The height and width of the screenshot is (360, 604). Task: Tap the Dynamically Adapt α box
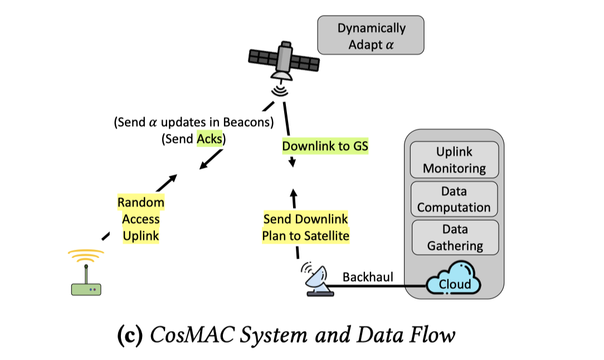point(371,36)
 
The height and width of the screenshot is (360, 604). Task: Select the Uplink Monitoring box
point(454,160)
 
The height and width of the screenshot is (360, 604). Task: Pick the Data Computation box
point(454,200)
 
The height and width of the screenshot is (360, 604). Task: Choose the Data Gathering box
point(454,237)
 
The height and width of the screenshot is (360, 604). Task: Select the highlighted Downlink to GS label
point(325,147)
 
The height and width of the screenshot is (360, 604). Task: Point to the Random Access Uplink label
point(141,219)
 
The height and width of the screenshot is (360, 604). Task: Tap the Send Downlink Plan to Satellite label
point(305,227)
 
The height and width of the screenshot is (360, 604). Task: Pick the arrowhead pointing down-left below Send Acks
point(203,164)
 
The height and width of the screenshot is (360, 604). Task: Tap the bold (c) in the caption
point(130,335)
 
